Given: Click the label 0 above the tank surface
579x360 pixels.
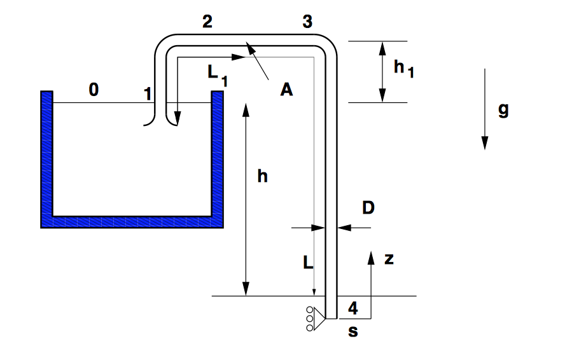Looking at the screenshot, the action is [94, 90].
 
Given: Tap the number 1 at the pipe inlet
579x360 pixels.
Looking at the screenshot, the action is [148, 93].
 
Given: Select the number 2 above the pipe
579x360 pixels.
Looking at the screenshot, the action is [207, 22].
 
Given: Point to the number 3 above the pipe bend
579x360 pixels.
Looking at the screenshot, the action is [307, 22].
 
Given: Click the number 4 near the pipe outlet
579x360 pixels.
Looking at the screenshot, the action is [353, 308].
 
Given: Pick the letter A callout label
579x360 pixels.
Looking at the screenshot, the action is [286, 90].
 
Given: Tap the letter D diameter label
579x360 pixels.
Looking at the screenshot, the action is [368, 208].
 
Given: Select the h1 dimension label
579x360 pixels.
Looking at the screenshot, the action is [404, 68].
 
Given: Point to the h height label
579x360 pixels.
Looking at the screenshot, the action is [263, 176].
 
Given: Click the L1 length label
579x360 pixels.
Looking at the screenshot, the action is [218, 75].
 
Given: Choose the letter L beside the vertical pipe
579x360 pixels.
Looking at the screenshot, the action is [308, 263].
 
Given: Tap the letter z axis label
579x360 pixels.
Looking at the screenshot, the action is [389, 260].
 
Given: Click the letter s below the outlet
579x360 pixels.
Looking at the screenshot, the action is [353, 331].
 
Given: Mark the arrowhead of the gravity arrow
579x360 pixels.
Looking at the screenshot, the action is [485, 143].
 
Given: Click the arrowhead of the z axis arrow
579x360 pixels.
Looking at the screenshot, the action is [371, 258].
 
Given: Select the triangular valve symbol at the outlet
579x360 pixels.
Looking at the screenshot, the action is [319, 319].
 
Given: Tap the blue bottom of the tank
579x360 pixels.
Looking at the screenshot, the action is [132, 222].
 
